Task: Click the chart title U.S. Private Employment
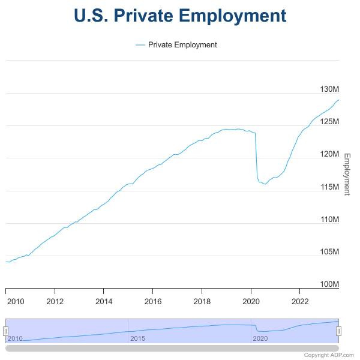(180, 15)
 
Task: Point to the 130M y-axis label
(329, 89)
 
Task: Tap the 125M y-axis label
(329, 122)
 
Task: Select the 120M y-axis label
(329, 154)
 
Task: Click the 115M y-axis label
(329, 187)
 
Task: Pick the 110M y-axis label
(329, 220)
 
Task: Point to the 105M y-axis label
(329, 252)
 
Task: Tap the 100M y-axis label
(329, 284)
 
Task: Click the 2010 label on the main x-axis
(15, 301)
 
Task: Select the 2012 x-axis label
(55, 301)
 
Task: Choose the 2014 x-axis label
(104, 301)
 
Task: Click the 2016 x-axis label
(153, 301)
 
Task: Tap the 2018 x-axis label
(202, 301)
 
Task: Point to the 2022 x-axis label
(300, 301)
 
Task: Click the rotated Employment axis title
(346, 174)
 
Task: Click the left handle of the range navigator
(5, 331)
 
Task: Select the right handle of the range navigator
(339, 331)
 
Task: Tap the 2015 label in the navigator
(137, 338)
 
